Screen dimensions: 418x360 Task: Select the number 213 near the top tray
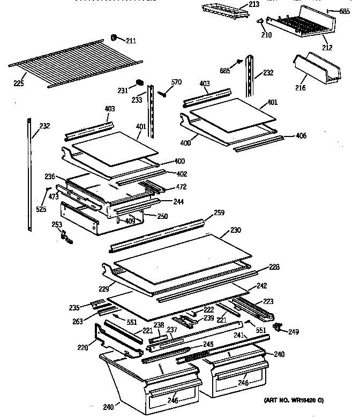[x=253, y=5]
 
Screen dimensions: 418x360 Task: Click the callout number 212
[x=327, y=48]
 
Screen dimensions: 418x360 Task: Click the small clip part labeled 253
[x=65, y=235]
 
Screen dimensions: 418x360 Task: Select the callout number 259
[x=219, y=212]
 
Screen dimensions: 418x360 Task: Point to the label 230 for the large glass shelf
[x=236, y=230]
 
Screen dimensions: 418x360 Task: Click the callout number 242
[x=261, y=286]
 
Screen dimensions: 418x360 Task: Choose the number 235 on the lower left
[x=74, y=307]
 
